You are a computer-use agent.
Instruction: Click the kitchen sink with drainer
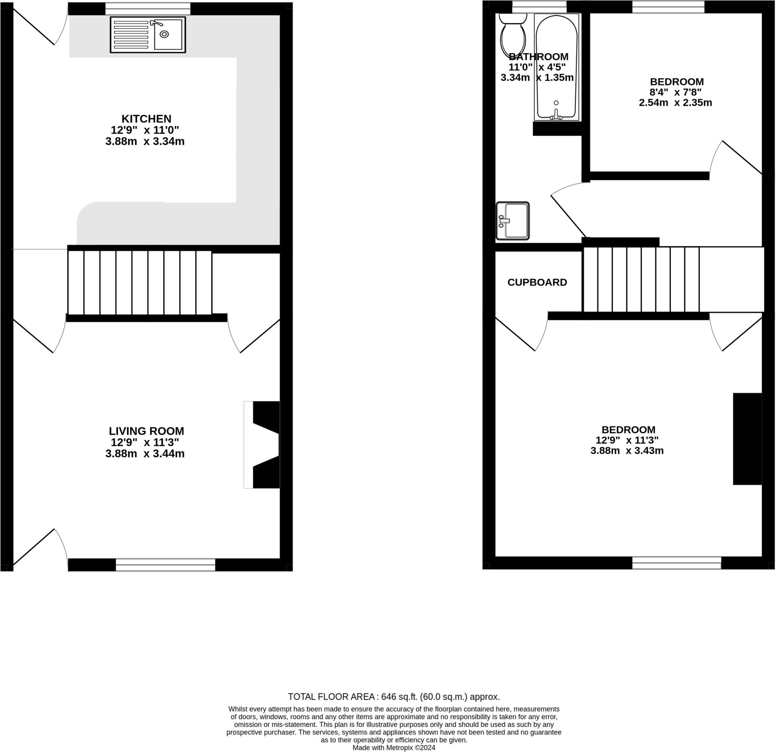click(148, 35)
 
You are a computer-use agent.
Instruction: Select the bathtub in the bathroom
click(557, 68)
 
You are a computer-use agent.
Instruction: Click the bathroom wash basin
click(513, 221)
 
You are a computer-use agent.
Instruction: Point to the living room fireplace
click(263, 445)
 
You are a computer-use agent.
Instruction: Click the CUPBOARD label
click(538, 283)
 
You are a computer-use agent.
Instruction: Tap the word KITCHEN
click(147, 119)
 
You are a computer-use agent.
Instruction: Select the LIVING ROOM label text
click(147, 432)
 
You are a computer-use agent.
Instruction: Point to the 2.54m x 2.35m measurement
click(677, 103)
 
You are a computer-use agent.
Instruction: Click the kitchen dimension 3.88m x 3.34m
click(145, 141)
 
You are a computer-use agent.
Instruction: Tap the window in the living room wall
click(166, 565)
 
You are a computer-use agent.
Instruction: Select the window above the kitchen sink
click(148, 9)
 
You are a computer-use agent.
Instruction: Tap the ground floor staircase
click(140, 283)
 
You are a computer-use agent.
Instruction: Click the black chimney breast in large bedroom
click(749, 440)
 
